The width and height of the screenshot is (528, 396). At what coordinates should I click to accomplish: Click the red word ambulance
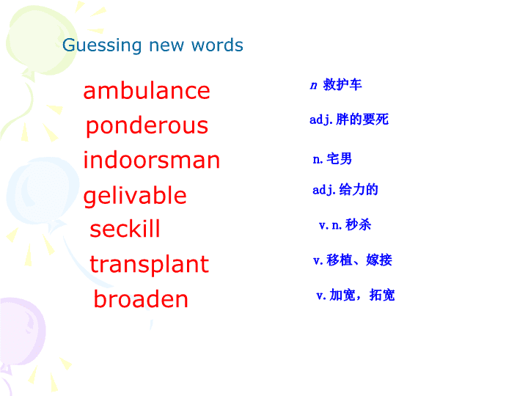click(147, 91)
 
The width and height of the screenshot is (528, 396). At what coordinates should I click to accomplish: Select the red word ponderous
click(147, 127)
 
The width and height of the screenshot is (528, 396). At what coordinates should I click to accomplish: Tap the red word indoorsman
click(152, 160)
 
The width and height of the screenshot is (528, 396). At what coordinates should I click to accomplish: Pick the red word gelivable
click(135, 196)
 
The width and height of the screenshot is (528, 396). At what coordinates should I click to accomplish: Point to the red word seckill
click(125, 229)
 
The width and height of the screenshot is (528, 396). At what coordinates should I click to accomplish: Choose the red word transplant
click(149, 265)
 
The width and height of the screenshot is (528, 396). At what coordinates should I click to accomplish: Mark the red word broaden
click(141, 298)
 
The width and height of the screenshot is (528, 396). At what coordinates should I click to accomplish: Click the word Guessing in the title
click(102, 45)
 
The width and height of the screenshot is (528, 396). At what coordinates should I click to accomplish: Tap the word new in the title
click(166, 45)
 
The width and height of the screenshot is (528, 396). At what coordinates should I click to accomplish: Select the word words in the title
click(217, 45)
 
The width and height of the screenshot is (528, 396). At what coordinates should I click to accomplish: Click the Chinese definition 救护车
click(342, 84)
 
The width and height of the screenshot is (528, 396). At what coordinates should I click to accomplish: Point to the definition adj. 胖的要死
click(349, 120)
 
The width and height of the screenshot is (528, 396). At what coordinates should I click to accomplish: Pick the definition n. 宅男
click(332, 158)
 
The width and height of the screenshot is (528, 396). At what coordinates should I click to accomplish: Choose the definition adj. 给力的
click(345, 190)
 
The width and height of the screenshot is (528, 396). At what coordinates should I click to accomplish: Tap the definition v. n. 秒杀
click(345, 224)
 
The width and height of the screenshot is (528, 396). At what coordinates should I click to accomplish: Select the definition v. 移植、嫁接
click(353, 260)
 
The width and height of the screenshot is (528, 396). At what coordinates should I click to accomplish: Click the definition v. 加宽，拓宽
click(356, 295)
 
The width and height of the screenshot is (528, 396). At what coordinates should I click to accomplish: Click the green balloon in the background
click(40, 40)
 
